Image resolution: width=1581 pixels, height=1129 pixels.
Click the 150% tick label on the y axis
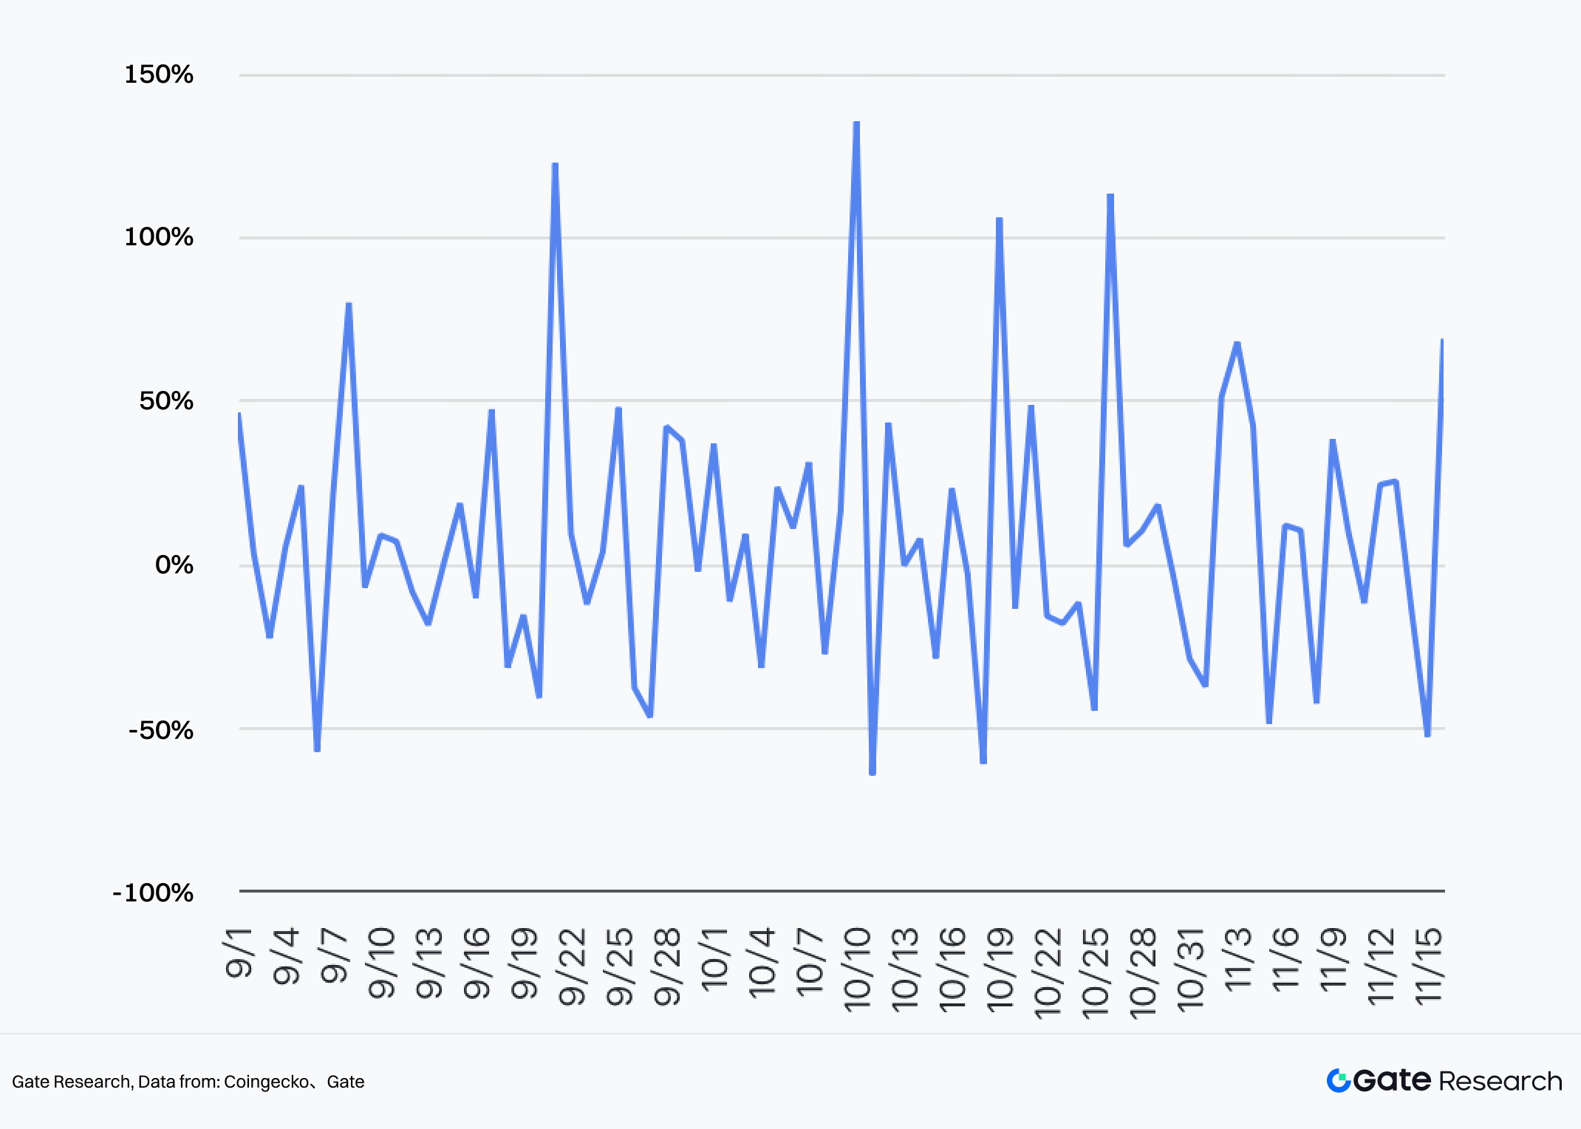159,75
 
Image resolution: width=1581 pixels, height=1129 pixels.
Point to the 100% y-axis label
159,238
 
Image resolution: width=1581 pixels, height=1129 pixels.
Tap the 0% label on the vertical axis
174,565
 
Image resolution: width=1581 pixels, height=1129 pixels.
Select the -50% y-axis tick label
161,730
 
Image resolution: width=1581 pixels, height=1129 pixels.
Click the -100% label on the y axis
153,893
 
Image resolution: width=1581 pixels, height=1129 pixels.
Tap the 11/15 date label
1428,966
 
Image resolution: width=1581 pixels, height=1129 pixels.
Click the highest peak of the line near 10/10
856,123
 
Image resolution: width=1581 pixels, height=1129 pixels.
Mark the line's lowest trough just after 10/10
873,773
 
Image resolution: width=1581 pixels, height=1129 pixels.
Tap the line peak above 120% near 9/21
555,165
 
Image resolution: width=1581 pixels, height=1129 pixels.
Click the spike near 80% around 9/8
349,304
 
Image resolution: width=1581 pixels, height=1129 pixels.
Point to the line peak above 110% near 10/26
1110,196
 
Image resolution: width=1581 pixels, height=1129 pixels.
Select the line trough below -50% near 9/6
317,750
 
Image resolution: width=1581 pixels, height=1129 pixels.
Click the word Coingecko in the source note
266,1082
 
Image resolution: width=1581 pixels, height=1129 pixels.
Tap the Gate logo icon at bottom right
1338,1081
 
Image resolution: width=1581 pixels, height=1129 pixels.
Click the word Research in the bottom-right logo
1500,1081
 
